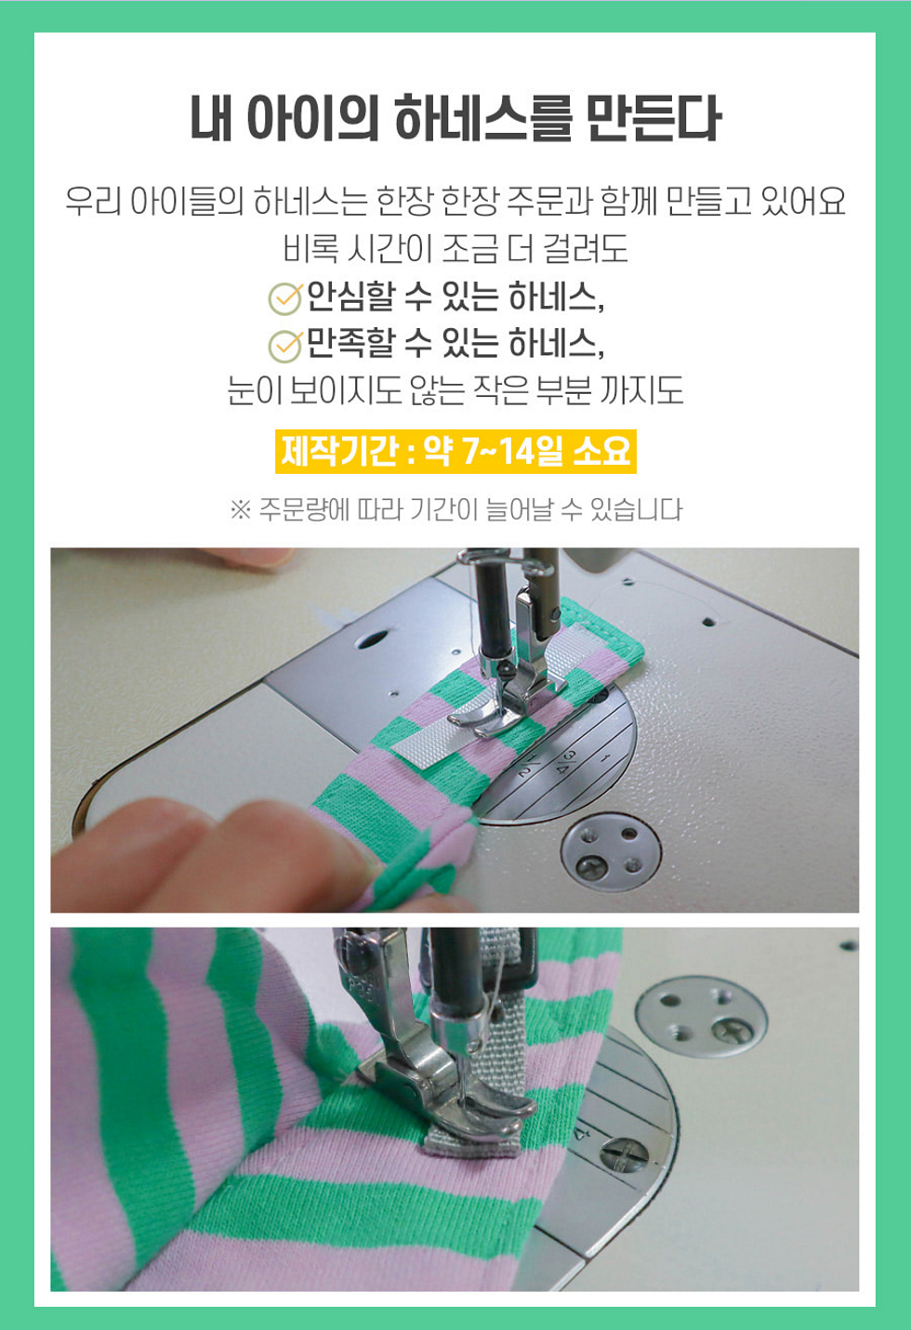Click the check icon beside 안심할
click(x=285, y=298)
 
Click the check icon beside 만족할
click(x=285, y=346)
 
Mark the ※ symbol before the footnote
click(x=240, y=509)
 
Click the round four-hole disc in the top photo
click(x=611, y=852)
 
